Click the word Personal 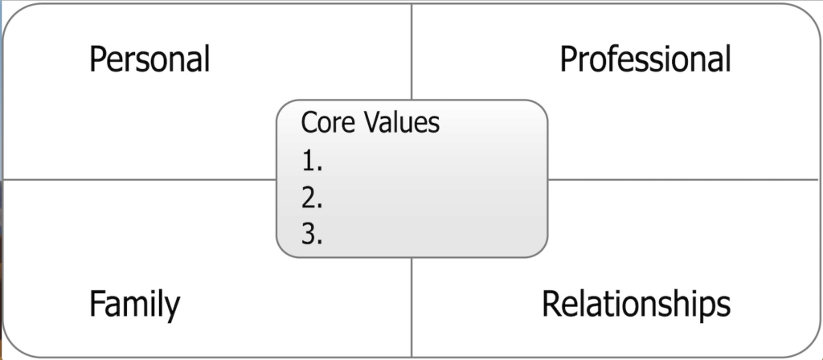tap(149, 58)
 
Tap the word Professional tap(645, 58)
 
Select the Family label tap(134, 305)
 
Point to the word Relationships tap(636, 305)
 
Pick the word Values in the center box tap(402, 122)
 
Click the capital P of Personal tap(98, 59)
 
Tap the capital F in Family tap(97, 303)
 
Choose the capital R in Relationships tap(551, 303)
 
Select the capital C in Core tap(309, 122)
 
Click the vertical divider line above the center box tap(411, 51)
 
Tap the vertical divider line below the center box tap(411, 308)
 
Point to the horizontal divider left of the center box tap(140, 179)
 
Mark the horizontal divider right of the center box tap(683, 179)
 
